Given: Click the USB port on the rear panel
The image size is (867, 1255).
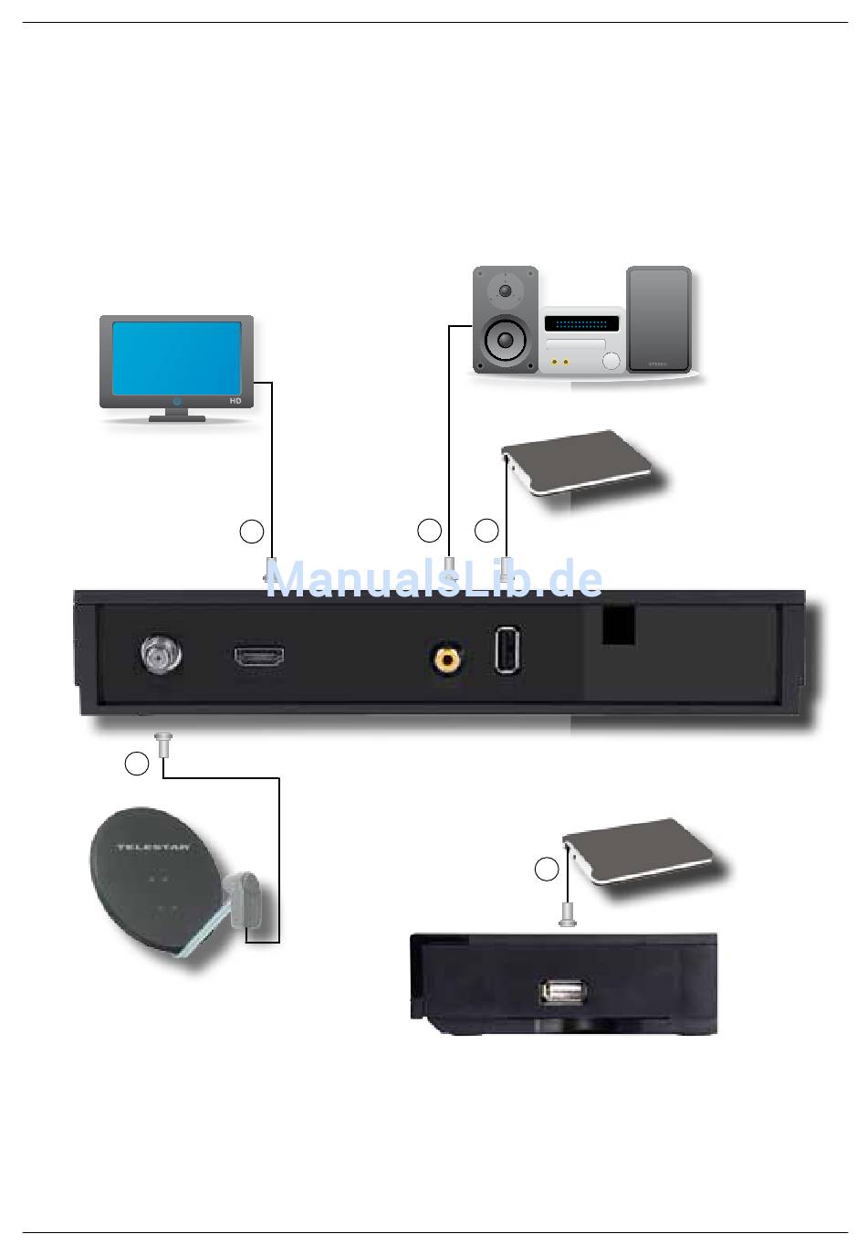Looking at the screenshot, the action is tap(508, 649).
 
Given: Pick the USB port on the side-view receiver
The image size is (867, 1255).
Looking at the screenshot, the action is tap(563, 992).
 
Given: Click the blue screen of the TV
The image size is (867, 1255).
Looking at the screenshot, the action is tap(176, 356).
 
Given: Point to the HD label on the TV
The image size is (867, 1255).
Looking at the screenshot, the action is tap(235, 401).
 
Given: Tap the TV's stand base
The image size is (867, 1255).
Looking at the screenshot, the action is tap(177, 418).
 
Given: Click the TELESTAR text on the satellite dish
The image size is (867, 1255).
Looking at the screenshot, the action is tap(152, 848).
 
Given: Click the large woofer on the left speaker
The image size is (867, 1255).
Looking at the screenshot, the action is tap(505, 342).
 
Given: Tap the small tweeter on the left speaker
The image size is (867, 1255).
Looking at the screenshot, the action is tap(505, 291).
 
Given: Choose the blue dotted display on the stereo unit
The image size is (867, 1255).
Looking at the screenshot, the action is tap(581, 323).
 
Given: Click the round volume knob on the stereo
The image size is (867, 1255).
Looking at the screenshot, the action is tap(611, 361).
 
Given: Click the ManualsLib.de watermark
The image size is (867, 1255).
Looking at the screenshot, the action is tap(433, 579).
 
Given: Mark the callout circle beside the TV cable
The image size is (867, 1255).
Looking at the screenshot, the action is tap(252, 531).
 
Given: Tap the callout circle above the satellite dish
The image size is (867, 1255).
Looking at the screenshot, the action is tap(137, 764).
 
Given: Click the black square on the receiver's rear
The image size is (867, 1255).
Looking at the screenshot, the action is tap(619, 626).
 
